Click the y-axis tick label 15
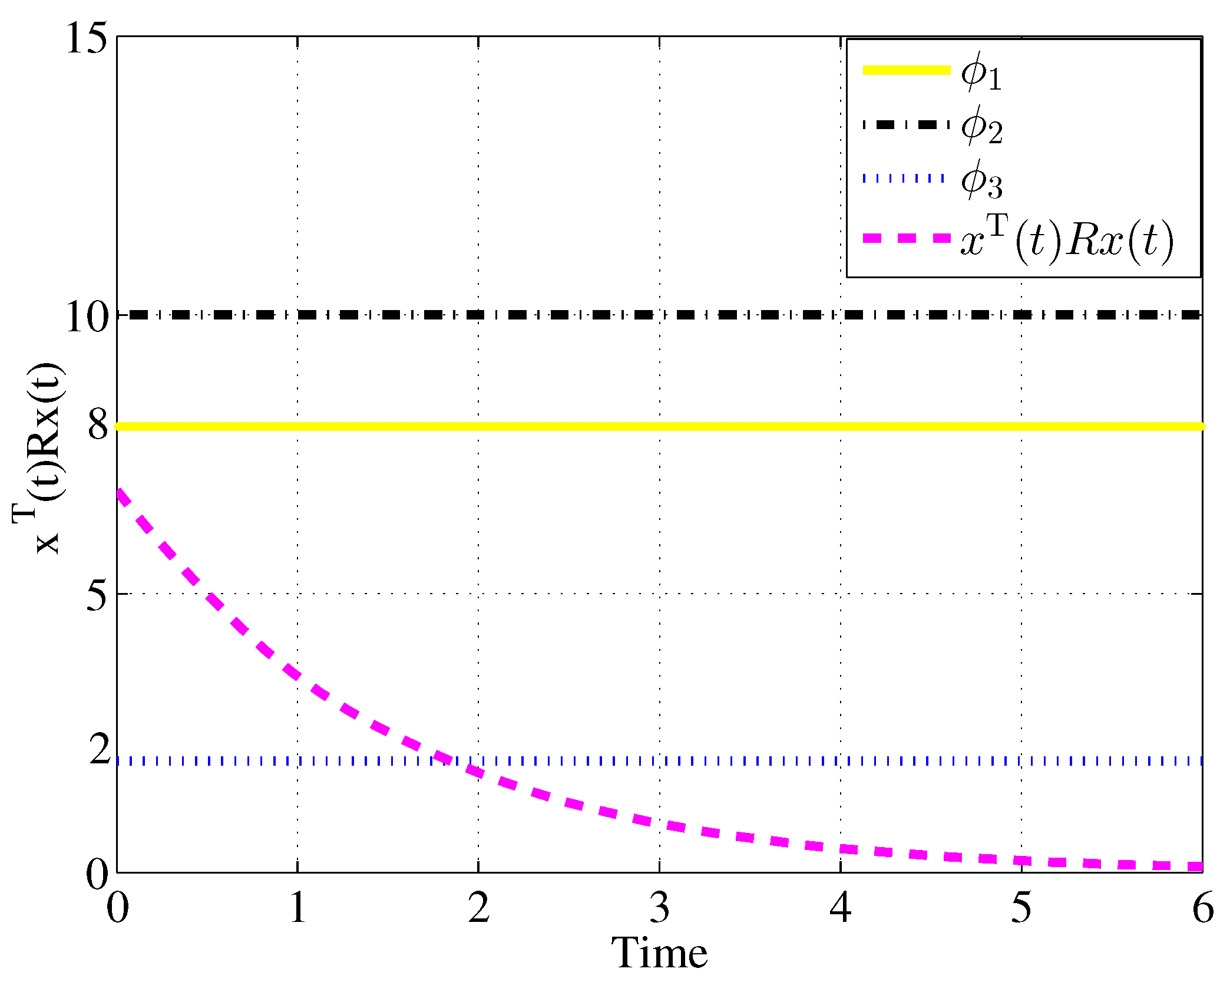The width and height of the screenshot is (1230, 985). point(87,39)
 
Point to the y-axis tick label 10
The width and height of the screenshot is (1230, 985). point(87,317)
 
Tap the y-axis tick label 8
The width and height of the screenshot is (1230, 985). point(98,426)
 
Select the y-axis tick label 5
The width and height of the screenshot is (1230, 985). point(97,595)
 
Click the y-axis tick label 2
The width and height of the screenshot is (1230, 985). point(99,750)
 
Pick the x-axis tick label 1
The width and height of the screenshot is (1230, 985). point(298,908)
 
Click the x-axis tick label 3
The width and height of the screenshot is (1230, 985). point(660,908)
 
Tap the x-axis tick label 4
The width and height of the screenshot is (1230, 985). point(841,908)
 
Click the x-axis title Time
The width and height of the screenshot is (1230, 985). point(659,954)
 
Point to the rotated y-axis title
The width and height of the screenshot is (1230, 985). point(38,459)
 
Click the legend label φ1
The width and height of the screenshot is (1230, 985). point(981,73)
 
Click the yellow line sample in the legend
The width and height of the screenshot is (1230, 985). point(907,70)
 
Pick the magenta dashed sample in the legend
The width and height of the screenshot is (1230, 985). point(907,238)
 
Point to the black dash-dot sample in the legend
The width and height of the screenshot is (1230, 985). point(907,124)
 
